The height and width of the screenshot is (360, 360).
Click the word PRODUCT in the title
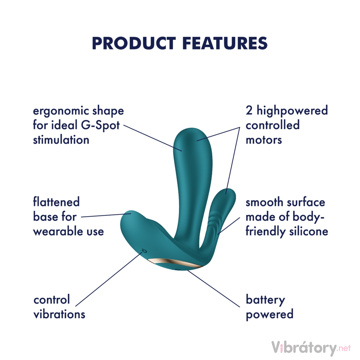pyautogui.click(x=134, y=43)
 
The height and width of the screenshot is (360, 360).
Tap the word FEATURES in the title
pyautogui.click(x=225, y=43)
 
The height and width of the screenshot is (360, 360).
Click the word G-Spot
pyautogui.click(x=101, y=125)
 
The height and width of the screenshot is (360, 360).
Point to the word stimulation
pyautogui.click(x=61, y=140)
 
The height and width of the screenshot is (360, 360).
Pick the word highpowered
pyautogui.click(x=292, y=111)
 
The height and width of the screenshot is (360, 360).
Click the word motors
pyautogui.click(x=264, y=140)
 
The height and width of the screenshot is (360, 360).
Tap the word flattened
pyautogui.click(x=56, y=202)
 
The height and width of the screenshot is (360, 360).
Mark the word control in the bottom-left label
pyautogui.click(x=52, y=300)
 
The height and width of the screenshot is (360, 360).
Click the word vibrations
pyautogui.click(x=59, y=314)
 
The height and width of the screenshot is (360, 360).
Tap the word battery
pyautogui.click(x=265, y=300)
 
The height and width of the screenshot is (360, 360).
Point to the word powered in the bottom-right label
pyautogui.click(x=269, y=314)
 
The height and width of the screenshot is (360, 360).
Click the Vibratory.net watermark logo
pyautogui.click(x=310, y=348)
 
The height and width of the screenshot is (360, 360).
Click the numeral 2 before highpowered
pyautogui.click(x=249, y=111)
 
